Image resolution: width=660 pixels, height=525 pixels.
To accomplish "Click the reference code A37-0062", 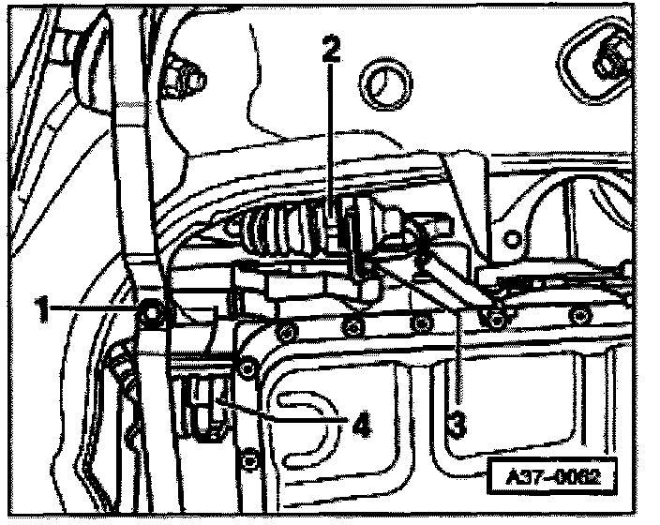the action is click(x=554, y=475).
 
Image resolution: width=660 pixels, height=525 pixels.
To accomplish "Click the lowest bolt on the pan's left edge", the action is click(x=247, y=459).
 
